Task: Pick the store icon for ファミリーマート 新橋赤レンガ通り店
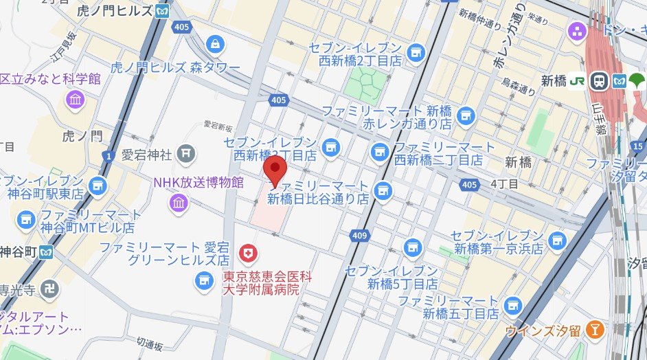click(x=466, y=115)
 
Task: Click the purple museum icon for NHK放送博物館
click(x=179, y=203)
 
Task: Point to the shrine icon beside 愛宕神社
click(x=185, y=154)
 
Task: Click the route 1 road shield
click(x=108, y=157)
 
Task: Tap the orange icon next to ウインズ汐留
click(x=595, y=330)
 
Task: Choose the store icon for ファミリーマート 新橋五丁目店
click(x=512, y=304)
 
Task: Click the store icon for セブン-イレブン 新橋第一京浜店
click(x=557, y=240)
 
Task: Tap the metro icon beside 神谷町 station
click(x=46, y=250)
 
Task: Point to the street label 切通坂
click(x=150, y=341)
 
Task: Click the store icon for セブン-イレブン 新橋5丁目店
click(x=412, y=247)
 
